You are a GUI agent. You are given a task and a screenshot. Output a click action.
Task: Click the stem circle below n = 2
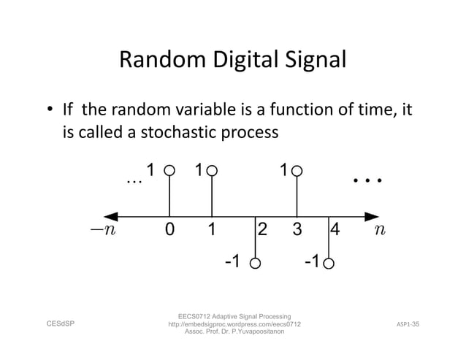pyautogui.click(x=255, y=263)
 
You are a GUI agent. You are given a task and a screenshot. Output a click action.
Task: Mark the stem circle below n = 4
pyautogui.click(x=329, y=263)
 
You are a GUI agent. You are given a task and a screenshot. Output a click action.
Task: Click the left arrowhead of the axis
pyautogui.click(x=111, y=216)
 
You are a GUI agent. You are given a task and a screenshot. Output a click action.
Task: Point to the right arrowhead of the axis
pyautogui.click(x=373, y=216)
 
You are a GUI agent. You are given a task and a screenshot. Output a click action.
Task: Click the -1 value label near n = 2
pyautogui.click(x=231, y=261)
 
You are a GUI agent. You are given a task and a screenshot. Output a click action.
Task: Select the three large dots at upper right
pyautogui.click(x=368, y=180)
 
